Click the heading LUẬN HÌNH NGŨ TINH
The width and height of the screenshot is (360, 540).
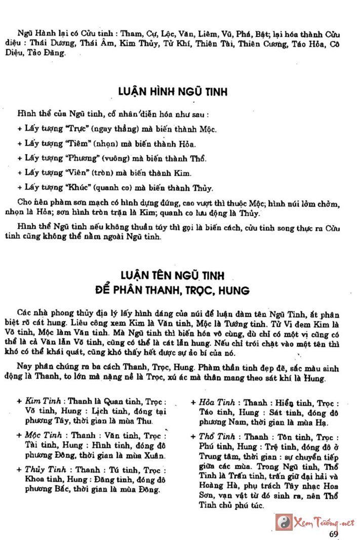coord(173,92)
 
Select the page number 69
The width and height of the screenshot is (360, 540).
coord(333,533)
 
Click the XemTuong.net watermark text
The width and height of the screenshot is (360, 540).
coord(324,522)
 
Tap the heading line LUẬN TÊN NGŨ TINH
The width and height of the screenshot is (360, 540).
coord(172,276)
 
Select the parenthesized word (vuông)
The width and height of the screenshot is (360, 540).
coord(118,158)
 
